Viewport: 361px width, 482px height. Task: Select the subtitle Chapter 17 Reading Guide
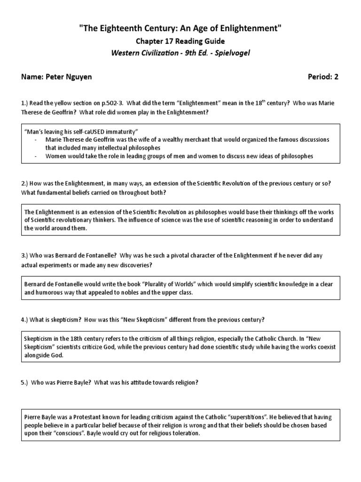point(180,41)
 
